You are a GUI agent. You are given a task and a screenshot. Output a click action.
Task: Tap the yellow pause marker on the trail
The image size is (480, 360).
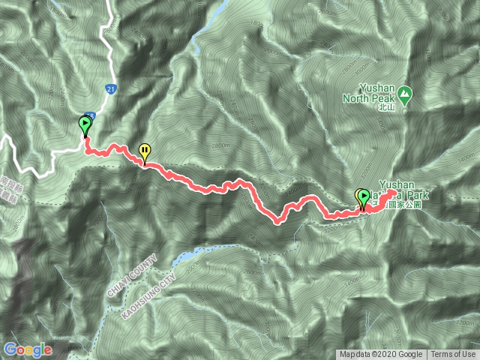click(143, 152)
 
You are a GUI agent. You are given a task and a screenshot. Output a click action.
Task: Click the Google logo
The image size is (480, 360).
click(27, 349)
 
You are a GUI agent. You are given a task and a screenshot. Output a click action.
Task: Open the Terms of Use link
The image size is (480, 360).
click(452, 355)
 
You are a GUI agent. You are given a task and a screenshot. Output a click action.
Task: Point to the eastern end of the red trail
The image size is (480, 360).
click(394, 193)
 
